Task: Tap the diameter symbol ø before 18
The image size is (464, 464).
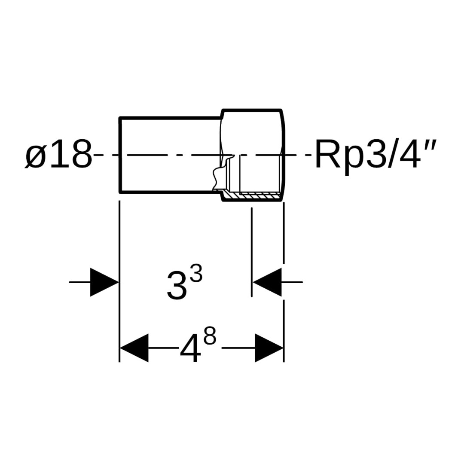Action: pyautogui.click(x=35, y=156)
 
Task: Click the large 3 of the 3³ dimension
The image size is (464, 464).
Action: pyautogui.click(x=177, y=285)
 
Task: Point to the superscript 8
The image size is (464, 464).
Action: pyautogui.click(x=210, y=338)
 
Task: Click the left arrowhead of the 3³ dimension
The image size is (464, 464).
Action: pyautogui.click(x=104, y=282)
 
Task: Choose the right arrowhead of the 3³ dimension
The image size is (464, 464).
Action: pyautogui.click(x=267, y=282)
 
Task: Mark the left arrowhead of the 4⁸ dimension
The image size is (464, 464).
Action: pyautogui.click(x=134, y=348)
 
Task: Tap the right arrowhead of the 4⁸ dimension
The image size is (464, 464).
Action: pyautogui.click(x=269, y=348)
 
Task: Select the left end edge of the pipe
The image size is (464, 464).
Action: pyautogui.click(x=120, y=155)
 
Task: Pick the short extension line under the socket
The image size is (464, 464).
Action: pyautogui.click(x=251, y=251)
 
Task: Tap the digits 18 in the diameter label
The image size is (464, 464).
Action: pyautogui.click(x=70, y=155)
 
